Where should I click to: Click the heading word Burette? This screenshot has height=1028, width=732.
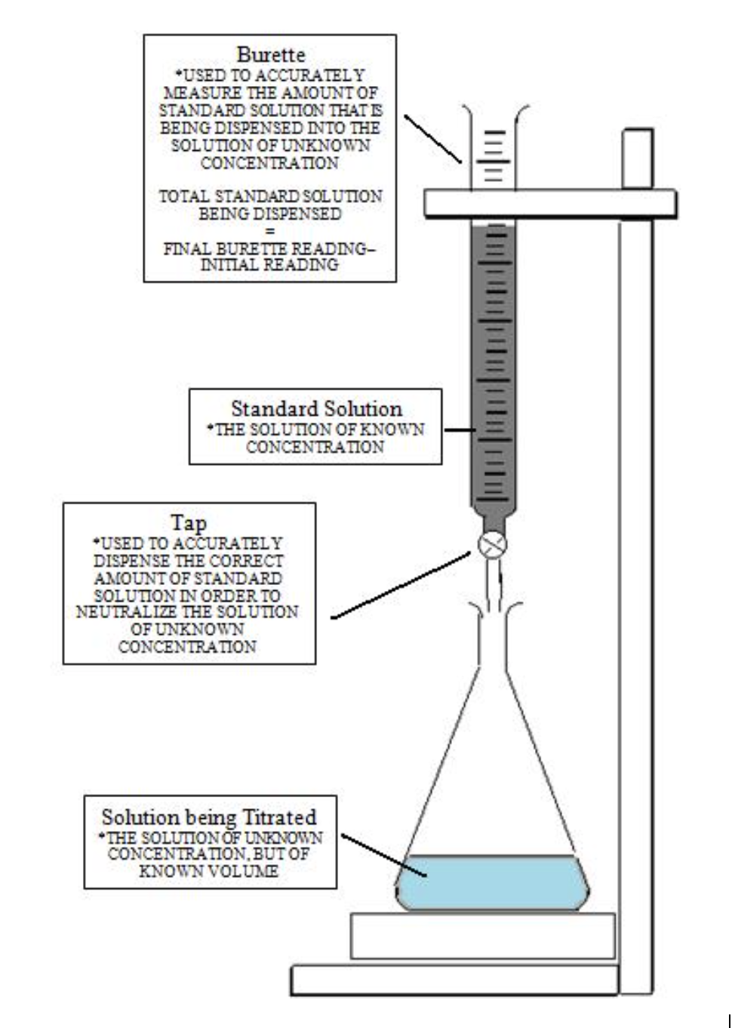270,55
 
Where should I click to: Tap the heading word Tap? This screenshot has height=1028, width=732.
189,523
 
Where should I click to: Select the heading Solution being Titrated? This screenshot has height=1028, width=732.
209,817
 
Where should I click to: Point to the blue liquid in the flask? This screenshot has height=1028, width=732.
492,882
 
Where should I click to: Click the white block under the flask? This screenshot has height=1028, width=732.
482,936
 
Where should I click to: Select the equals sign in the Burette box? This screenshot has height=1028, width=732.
269,232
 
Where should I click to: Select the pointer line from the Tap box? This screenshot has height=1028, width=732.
400,586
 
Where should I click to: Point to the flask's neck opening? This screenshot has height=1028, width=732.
493,608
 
